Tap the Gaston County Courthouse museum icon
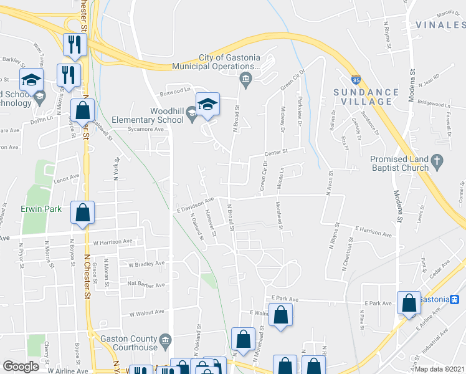[x=166, y=340]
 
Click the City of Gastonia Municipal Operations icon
[x=246, y=78]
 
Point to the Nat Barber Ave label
[x=146, y=284]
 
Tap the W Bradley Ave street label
[x=146, y=264]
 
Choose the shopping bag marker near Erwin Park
[x=82, y=214]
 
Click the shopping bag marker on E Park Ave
[x=409, y=304]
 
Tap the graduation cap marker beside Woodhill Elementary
[x=208, y=104]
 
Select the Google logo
[x=21, y=367]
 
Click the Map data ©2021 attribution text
[x=440, y=369]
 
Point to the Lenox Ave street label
[x=67, y=178]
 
